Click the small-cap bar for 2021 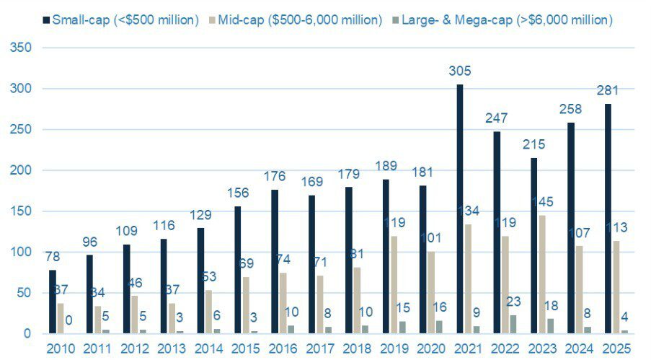[460, 208]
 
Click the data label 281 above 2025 [607, 92]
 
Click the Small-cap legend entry [119, 20]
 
